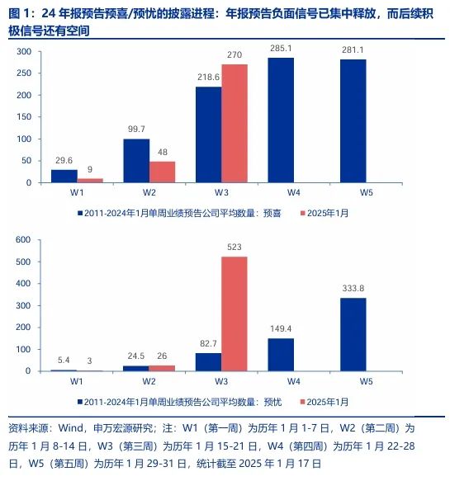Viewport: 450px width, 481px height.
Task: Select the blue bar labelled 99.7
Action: [135, 160]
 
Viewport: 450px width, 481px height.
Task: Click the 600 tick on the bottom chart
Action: [23, 239]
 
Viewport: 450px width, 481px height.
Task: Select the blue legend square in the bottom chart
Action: [80, 401]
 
